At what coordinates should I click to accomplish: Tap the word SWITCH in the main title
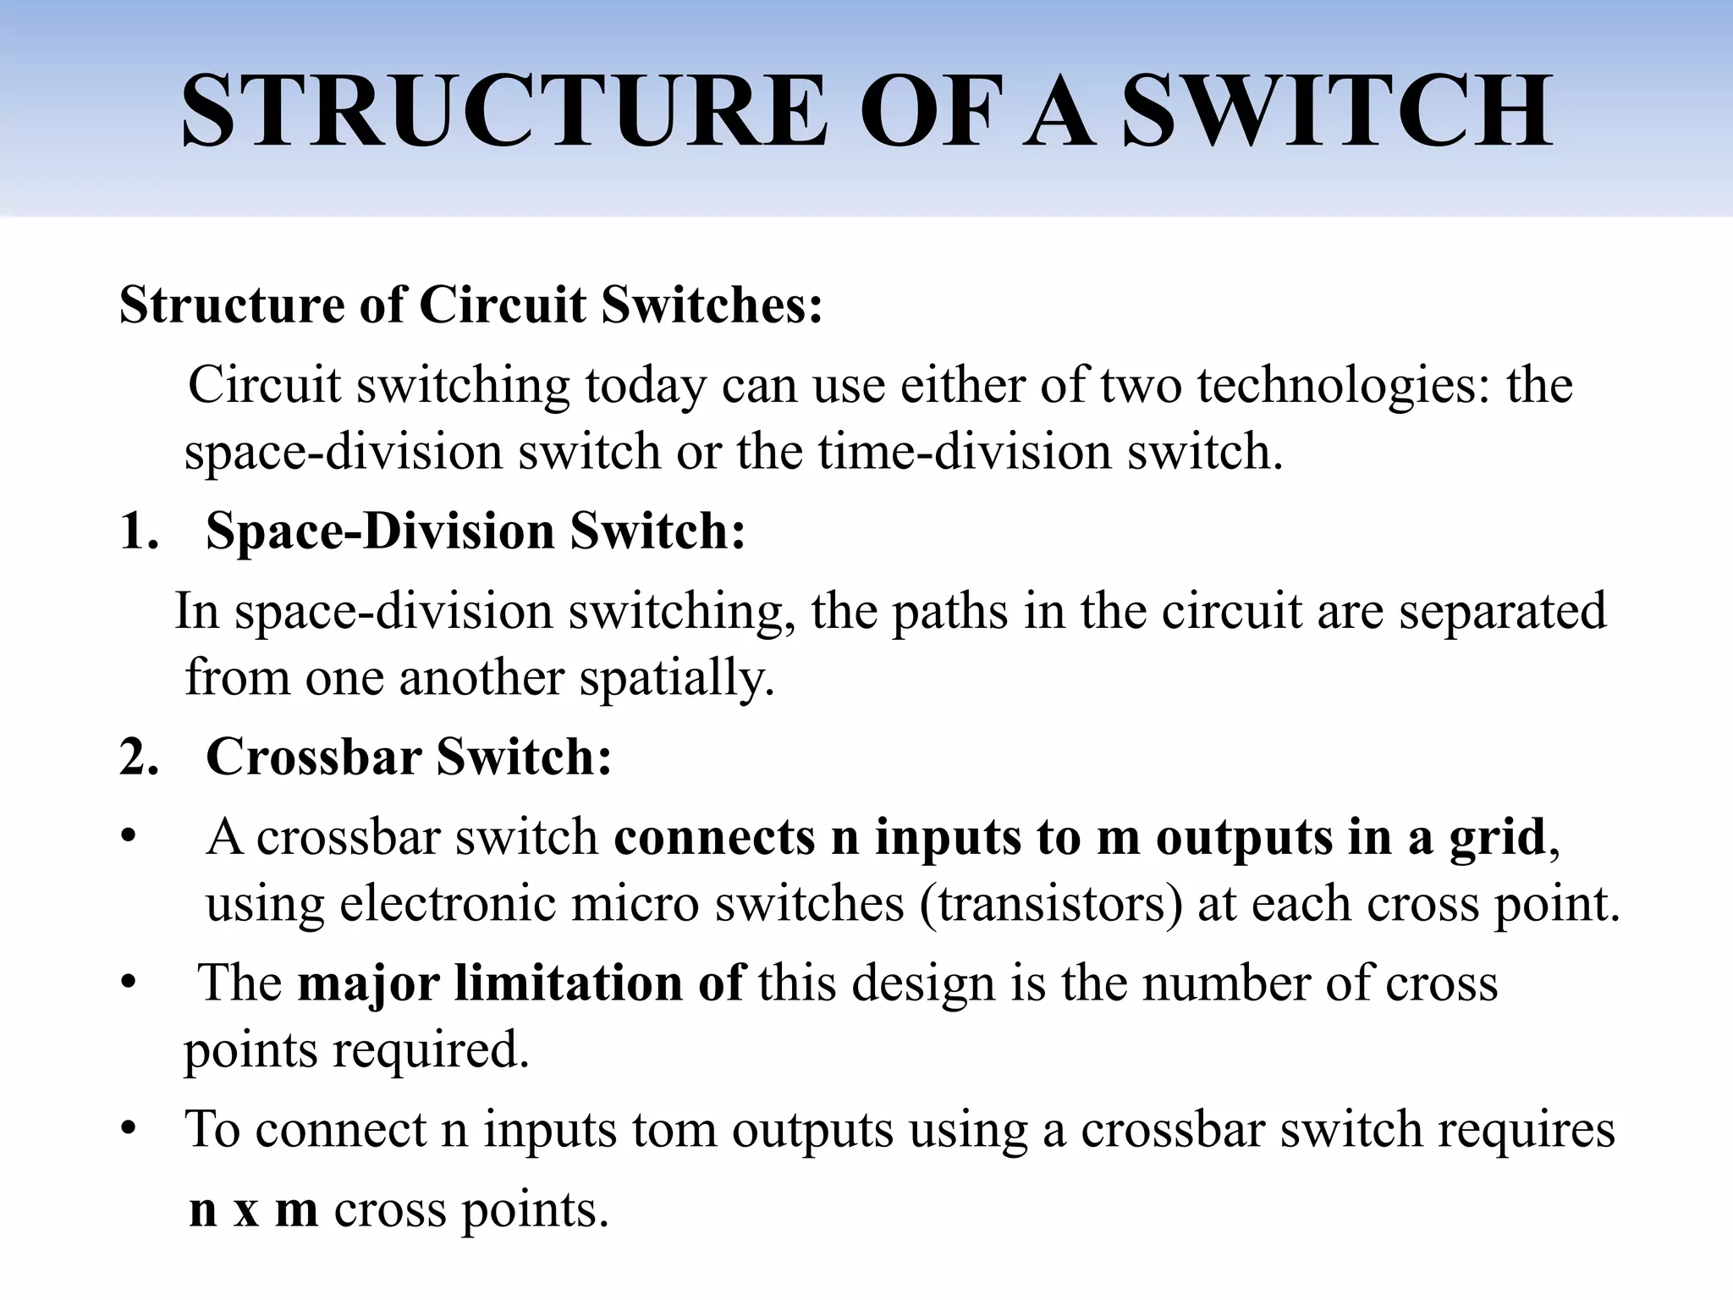click(1337, 112)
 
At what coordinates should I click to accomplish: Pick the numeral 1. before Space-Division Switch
click(140, 532)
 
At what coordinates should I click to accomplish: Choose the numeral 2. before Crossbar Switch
click(140, 756)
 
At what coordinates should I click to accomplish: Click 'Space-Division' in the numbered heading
click(380, 532)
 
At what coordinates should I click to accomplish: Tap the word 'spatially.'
click(676, 677)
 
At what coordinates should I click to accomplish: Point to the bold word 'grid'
click(1497, 837)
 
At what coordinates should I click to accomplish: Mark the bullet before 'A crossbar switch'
click(128, 837)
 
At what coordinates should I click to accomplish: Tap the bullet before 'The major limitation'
click(128, 983)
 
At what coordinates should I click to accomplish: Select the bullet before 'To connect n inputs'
click(128, 1130)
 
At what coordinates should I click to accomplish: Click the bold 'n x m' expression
click(253, 1209)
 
